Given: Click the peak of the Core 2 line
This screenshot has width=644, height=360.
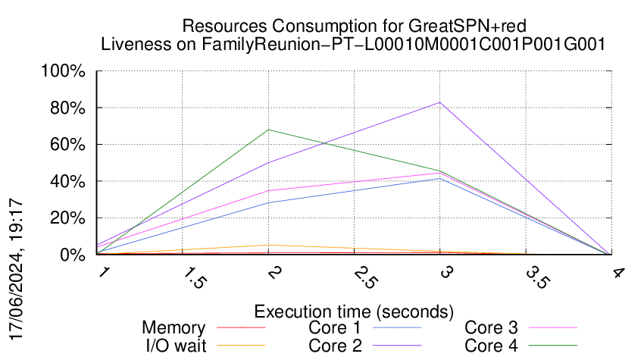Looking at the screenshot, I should click(x=439, y=102).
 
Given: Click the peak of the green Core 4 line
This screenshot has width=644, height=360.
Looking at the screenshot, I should click(x=268, y=130).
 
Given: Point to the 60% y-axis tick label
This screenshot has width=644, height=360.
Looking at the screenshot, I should click(x=70, y=146).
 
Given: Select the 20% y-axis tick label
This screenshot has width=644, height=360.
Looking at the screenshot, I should click(x=70, y=219).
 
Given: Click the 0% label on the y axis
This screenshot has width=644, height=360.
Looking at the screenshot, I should click(x=74, y=255).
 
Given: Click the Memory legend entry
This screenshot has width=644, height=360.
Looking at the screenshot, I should click(x=174, y=328).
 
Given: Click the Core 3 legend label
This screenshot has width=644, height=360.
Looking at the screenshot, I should click(x=491, y=328).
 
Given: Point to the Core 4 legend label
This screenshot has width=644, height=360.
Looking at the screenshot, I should click(x=491, y=346).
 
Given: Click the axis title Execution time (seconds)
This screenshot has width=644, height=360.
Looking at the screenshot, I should click(x=354, y=311).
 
